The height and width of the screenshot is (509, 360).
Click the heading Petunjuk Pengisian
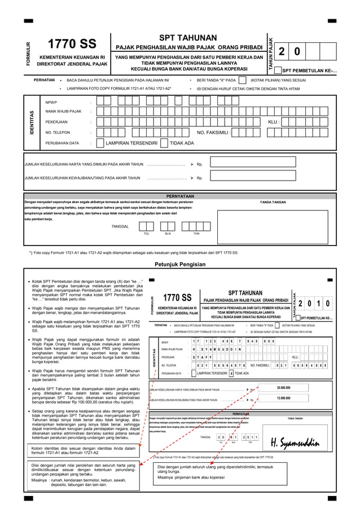click(x=180, y=264)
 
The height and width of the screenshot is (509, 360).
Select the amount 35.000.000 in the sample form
click(x=283, y=388)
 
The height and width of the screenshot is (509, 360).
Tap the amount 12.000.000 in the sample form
click(x=283, y=398)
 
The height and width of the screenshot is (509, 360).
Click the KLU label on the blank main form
click(x=274, y=122)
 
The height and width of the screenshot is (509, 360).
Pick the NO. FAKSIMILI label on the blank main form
click(x=213, y=133)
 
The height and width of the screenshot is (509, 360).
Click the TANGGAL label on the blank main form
click(x=120, y=226)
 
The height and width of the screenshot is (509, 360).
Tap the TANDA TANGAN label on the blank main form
click(x=273, y=201)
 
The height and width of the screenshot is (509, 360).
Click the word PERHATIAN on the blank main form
click(x=44, y=80)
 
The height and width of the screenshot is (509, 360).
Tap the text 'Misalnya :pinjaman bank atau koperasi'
click(x=191, y=477)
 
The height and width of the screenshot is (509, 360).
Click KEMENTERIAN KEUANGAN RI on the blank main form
click(x=72, y=58)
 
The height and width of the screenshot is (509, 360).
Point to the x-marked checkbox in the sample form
click(x=231, y=374)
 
